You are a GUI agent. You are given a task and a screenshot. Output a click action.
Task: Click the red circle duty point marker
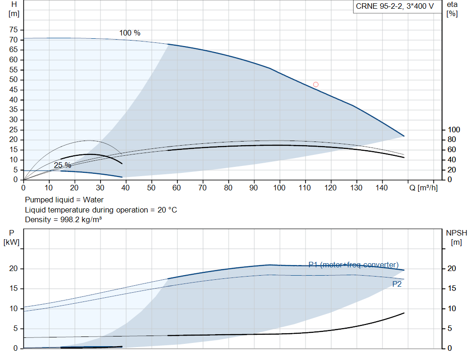coord(316,84)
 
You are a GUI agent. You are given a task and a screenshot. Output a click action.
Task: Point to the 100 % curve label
coord(130,33)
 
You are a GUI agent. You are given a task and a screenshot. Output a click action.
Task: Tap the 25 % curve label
coord(63,165)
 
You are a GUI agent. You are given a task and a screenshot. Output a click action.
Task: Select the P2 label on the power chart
coord(397,284)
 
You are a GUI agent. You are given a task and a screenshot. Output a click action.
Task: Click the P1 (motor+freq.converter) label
coord(354,265)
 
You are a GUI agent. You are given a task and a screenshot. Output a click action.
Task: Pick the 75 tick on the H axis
coord(13,30)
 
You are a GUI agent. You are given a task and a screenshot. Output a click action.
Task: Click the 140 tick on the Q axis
coord(382,188)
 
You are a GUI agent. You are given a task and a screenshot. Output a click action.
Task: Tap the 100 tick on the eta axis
coord(454,130)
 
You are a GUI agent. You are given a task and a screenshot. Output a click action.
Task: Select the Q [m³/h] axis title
coord(424,188)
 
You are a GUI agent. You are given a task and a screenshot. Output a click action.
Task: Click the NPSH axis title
coord(457,237)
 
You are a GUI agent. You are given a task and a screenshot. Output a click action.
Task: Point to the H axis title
coord(14,9)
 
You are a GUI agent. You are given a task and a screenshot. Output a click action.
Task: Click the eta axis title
coord(452,9)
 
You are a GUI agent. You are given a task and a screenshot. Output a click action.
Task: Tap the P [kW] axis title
coord(12,237)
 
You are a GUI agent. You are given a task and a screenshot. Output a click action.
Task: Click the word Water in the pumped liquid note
coord(93,200)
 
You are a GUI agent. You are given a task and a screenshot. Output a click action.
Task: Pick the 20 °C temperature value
coord(167,210)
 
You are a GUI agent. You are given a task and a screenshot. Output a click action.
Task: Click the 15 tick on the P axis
coord(13,289)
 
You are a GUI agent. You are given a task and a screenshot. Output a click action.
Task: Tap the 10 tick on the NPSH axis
coord(452,308)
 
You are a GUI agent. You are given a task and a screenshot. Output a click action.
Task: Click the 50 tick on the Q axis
coord(151,188)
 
